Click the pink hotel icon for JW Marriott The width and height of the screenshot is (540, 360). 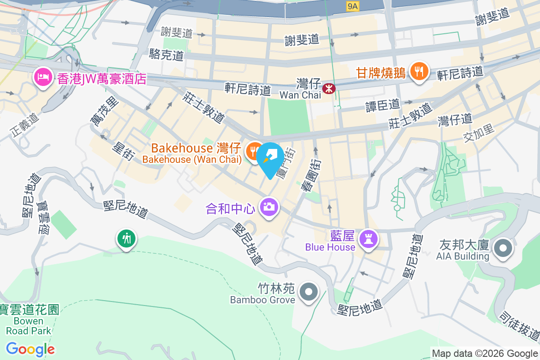43,78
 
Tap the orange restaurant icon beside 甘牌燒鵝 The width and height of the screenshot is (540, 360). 419,72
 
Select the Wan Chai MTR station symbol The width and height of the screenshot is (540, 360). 330,89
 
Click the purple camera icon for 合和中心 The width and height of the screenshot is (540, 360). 269,207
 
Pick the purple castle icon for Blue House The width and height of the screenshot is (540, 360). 369,239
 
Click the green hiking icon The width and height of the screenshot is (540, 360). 126,238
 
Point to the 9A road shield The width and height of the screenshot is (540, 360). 353,6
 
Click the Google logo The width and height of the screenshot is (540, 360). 30,349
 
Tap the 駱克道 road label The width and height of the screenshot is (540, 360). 166,55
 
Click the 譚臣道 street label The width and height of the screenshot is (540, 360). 382,105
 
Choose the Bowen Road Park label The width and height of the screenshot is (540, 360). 29,320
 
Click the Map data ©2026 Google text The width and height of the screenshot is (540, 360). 485,353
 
